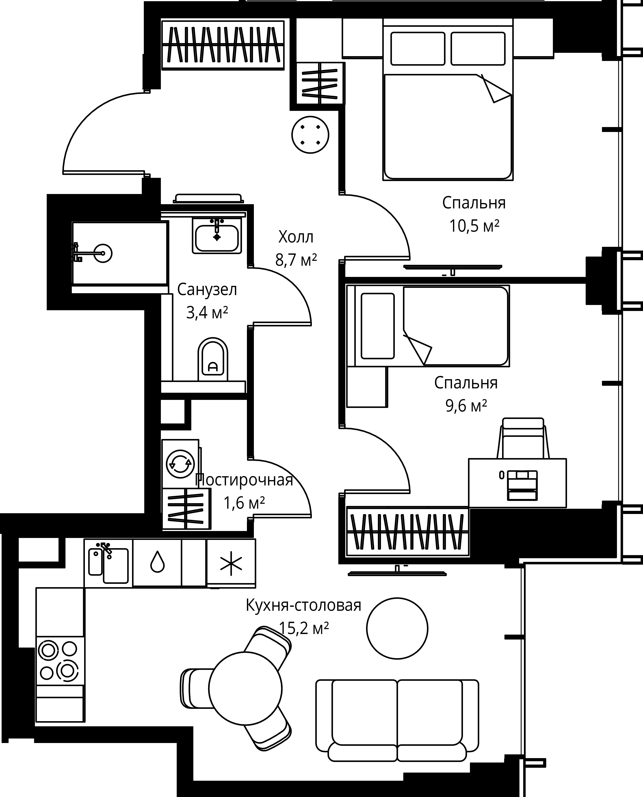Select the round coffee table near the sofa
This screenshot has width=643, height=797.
point(397,628)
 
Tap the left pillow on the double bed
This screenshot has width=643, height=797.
point(418,49)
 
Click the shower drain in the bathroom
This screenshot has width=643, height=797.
point(103,253)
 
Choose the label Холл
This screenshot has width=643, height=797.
point(296,237)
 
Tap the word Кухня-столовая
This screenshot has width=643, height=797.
point(303,606)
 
